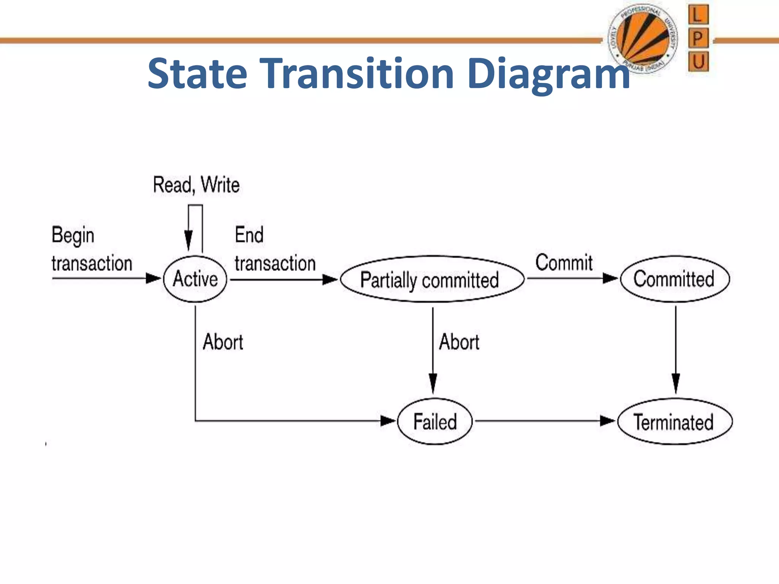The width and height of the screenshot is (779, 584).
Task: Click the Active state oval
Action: click(195, 279)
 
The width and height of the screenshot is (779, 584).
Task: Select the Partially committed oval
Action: click(432, 279)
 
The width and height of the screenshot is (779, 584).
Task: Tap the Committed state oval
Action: click(674, 279)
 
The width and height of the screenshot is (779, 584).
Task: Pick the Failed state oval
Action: click(435, 421)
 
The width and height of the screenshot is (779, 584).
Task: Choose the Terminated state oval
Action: click(674, 422)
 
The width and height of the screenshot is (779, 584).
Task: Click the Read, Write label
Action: click(196, 185)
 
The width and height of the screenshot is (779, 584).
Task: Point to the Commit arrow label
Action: click(564, 262)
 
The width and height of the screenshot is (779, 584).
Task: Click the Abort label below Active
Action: click(223, 342)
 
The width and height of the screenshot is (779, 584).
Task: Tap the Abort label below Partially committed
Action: click(459, 342)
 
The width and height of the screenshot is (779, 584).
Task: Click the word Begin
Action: click(73, 235)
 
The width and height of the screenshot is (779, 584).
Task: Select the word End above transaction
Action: click(249, 235)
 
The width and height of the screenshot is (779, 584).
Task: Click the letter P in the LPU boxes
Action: click(698, 38)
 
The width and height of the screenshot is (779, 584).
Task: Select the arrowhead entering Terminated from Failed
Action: click(607, 421)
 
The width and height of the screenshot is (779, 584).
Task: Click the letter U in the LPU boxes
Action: click(698, 61)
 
